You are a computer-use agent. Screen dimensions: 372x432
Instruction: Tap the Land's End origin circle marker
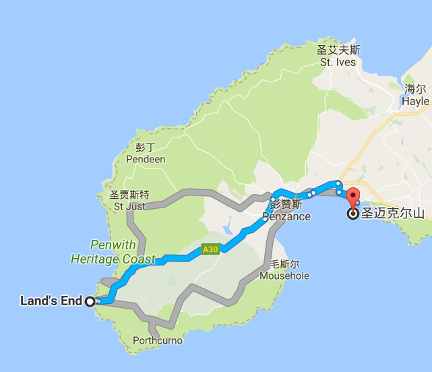(x=90, y=302)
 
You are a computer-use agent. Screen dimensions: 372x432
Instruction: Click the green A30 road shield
(x=211, y=250)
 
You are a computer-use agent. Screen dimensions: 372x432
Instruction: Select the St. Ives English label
(x=337, y=63)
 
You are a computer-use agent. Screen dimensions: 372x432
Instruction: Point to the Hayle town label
(x=415, y=101)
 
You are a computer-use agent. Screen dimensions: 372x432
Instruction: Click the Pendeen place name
(x=146, y=159)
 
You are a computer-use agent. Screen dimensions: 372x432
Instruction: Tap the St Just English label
(x=129, y=206)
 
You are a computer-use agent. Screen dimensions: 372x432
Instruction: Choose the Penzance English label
(x=286, y=217)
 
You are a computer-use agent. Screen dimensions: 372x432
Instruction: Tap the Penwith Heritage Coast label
(x=113, y=251)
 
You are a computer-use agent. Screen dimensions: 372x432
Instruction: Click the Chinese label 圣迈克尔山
(x=394, y=214)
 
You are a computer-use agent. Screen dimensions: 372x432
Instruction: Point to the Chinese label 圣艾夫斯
(x=338, y=50)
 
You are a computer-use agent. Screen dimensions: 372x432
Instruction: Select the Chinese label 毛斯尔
(x=284, y=264)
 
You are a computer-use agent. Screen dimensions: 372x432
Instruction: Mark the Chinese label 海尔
(x=416, y=88)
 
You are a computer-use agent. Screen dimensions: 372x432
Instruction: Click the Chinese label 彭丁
(x=146, y=147)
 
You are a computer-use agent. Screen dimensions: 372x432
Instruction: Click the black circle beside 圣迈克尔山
(x=352, y=215)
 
